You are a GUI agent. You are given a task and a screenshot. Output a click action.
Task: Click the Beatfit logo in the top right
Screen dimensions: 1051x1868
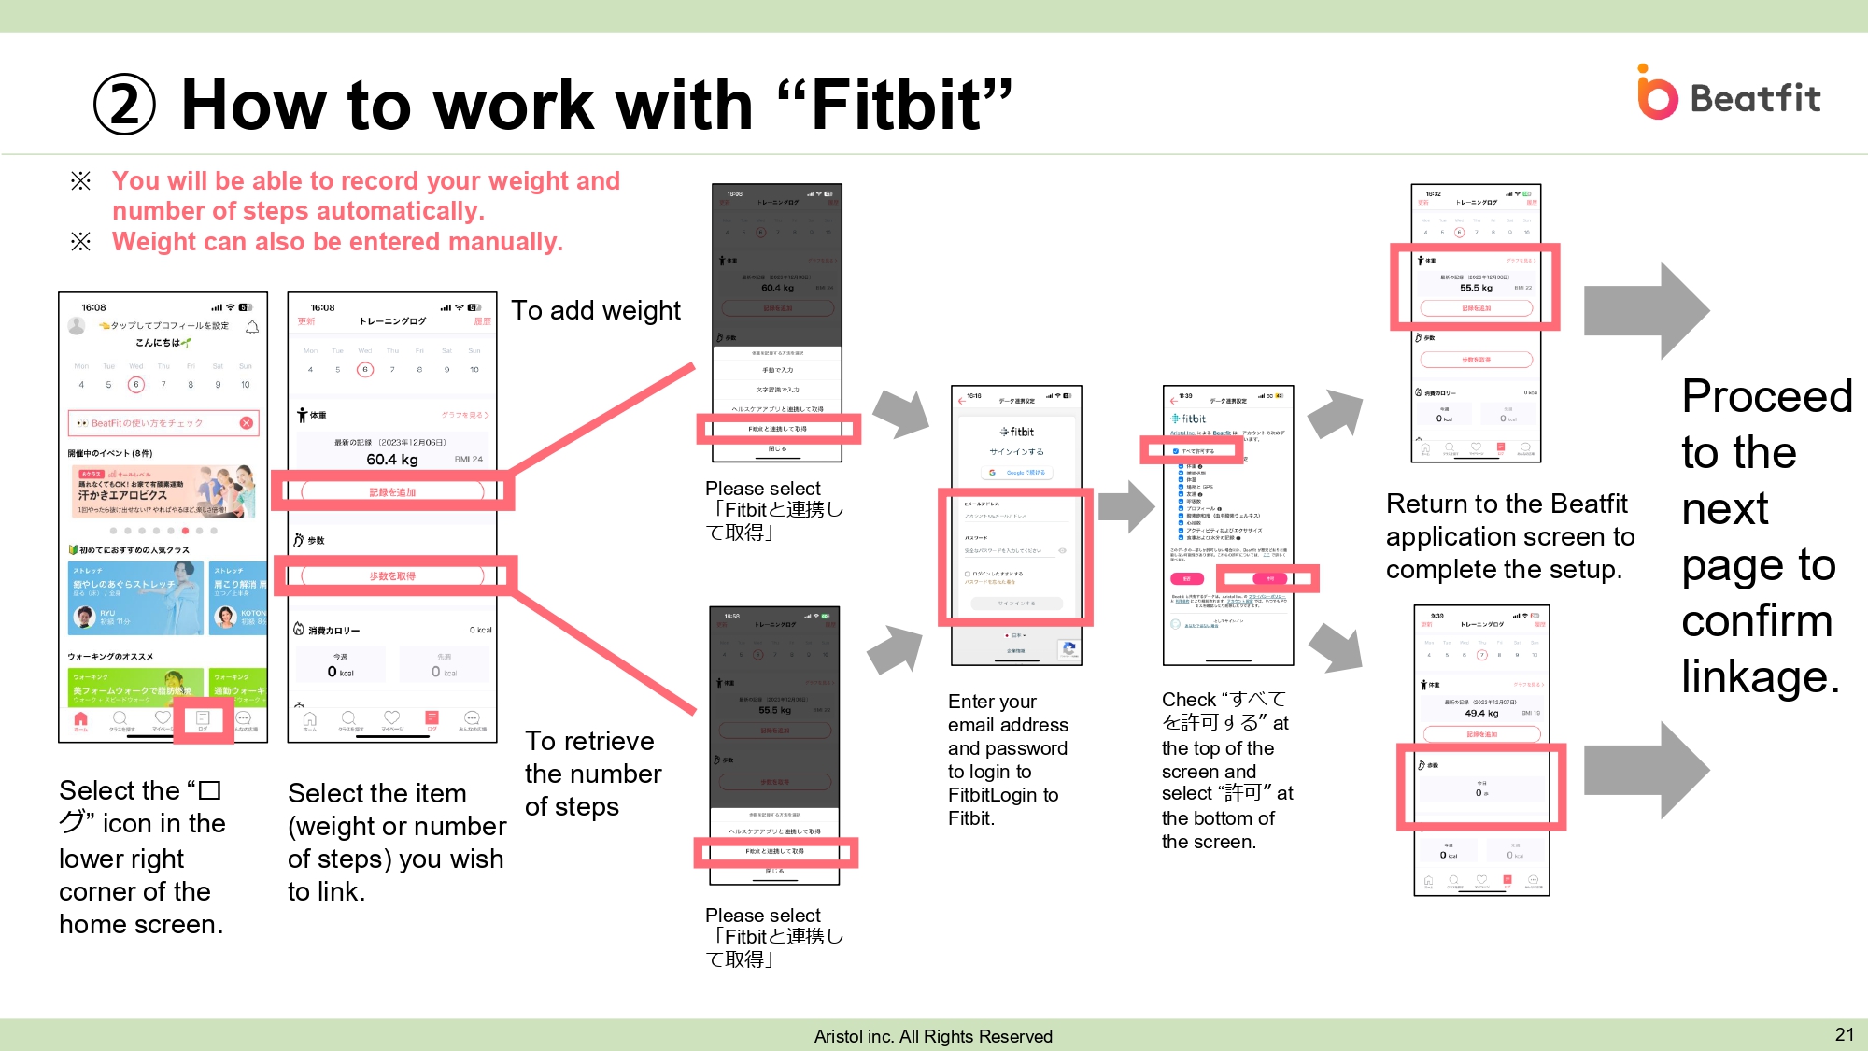1728,94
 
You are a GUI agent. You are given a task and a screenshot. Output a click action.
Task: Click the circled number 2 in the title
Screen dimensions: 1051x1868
124,105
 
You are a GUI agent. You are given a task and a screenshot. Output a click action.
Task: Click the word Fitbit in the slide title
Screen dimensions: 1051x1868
898,105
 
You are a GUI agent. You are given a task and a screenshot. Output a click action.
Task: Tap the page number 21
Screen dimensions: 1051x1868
1844,1034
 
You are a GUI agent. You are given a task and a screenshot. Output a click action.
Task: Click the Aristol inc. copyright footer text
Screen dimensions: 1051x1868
932,1036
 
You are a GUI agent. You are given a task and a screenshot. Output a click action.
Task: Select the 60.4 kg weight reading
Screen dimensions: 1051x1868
391,459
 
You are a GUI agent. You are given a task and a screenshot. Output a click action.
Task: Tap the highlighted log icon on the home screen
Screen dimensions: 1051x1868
203,720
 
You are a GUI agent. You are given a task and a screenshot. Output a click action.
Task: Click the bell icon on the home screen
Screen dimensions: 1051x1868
252,328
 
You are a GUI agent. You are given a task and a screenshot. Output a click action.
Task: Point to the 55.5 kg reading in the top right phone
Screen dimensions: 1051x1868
1476,288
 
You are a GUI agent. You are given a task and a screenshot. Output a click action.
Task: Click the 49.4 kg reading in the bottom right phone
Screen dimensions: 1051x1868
1481,713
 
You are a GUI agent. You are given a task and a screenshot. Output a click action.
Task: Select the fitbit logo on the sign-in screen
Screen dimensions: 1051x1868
1017,432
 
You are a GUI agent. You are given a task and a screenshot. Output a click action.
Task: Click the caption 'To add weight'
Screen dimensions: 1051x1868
596,310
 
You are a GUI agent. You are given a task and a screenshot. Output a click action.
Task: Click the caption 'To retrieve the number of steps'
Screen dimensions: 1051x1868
592,774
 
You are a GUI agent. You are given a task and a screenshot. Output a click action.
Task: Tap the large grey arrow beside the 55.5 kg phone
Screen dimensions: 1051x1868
1647,310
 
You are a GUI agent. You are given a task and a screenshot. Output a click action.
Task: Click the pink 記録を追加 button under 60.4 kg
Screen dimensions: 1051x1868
392,491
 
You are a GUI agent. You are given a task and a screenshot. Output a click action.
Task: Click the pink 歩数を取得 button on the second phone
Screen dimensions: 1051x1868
392,575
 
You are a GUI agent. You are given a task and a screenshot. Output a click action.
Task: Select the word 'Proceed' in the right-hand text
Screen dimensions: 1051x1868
1766,396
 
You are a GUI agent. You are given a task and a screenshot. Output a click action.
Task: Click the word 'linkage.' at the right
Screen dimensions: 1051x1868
1760,676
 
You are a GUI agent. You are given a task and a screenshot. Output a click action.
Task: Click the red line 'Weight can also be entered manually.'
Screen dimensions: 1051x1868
337,242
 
